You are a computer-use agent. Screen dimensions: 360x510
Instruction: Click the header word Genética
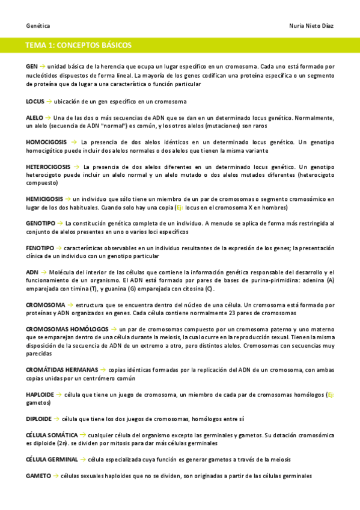[x=38, y=26]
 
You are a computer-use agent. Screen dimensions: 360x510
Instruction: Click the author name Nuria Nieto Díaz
[x=312, y=26]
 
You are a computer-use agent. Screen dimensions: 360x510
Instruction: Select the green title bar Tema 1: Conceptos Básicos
[x=180, y=45]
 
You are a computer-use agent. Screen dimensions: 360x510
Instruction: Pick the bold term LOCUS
[x=35, y=101]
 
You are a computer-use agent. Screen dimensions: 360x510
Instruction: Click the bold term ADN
[x=32, y=272]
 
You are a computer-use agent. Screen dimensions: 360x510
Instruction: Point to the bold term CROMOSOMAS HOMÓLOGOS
[x=67, y=330]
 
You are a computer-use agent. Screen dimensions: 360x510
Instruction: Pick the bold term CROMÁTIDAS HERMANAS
[x=62, y=369]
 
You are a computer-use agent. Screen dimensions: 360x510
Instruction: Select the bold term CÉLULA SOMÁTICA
[x=52, y=434]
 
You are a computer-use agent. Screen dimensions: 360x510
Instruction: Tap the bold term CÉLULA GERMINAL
[x=52, y=459]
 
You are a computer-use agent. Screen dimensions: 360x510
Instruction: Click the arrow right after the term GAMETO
[x=55, y=476]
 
